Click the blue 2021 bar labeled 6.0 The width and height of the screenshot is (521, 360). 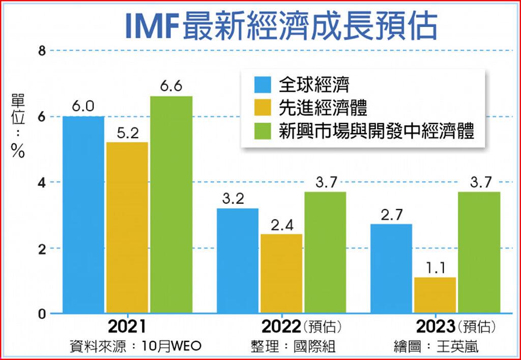83,214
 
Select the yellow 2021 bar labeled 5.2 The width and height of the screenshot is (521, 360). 127,227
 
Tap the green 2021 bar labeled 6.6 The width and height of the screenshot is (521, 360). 171,204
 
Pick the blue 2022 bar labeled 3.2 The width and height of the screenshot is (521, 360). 238,260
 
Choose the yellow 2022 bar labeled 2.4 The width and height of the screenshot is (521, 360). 281,273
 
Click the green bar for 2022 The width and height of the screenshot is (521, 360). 325,252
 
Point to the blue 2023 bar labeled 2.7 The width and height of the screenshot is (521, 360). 391,268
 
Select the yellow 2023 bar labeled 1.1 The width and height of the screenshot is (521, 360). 435,295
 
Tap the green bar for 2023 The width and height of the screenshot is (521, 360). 479,252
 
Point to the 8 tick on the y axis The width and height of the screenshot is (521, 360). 42,50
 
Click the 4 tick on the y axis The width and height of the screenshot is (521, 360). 42,182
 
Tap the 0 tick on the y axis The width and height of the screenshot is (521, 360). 42,314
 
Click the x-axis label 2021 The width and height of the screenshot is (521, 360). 127,326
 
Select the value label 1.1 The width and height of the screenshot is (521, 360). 435,266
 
